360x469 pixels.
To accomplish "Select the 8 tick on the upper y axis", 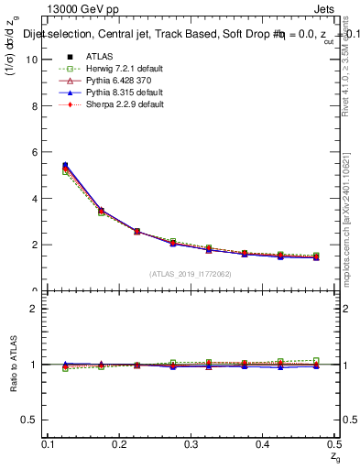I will pyautogui.click(x=37, y=106).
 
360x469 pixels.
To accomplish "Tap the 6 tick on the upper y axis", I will pyautogui.click(x=37, y=152).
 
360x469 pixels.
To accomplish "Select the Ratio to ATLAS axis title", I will pyautogui.click(x=13, y=364).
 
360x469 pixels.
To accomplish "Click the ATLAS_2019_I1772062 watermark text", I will pyautogui.click(x=191, y=274).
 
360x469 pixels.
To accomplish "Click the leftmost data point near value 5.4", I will pyautogui.click(x=64, y=166).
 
